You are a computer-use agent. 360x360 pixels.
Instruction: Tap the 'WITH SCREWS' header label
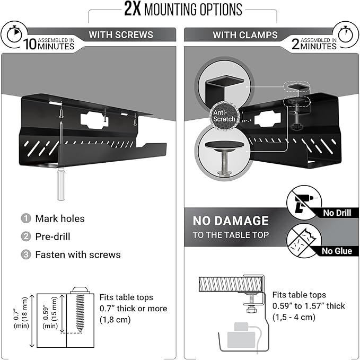click(121, 35)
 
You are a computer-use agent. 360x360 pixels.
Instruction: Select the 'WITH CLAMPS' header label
click(245, 35)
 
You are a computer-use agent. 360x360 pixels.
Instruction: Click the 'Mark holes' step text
click(60, 218)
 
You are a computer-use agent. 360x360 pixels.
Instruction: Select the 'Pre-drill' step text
click(52, 236)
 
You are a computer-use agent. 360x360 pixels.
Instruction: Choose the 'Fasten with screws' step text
click(78, 254)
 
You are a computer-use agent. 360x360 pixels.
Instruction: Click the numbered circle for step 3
click(26, 254)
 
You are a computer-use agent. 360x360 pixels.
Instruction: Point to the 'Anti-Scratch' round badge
click(220, 116)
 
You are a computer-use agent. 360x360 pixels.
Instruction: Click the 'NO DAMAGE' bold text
click(231, 221)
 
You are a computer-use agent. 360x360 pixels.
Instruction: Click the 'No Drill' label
click(336, 213)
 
